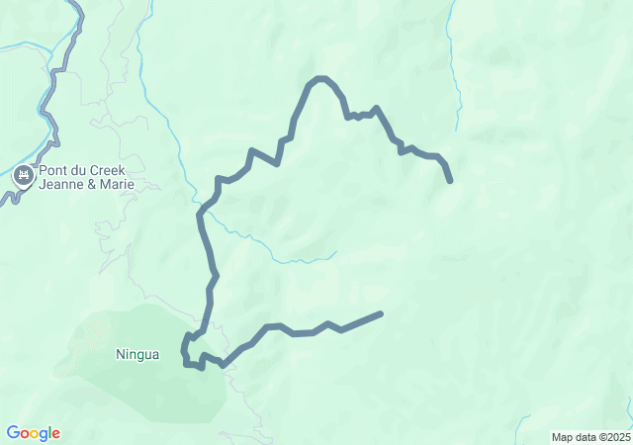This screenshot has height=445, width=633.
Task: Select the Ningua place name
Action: pyautogui.click(x=136, y=354)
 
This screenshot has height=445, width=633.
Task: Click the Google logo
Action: pyautogui.click(x=33, y=433)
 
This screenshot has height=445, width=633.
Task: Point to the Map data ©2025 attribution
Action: pyautogui.click(x=589, y=437)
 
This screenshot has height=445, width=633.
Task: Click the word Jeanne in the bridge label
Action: pyautogui.click(x=60, y=184)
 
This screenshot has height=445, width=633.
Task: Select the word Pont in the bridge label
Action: pyautogui.click(x=54, y=169)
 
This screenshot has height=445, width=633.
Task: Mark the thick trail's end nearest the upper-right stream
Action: pyautogui.click(x=450, y=181)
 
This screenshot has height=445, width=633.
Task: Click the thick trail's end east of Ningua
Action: pyautogui.click(x=380, y=313)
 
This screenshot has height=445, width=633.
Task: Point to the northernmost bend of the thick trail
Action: pyautogui.click(x=319, y=78)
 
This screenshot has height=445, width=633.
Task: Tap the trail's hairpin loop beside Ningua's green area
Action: pyautogui.click(x=185, y=351)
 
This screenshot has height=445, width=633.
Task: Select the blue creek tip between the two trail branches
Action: pyautogui.click(x=335, y=252)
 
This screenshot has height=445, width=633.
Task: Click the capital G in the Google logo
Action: pyautogui.click(x=13, y=433)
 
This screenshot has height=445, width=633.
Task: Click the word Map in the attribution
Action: pyautogui.click(x=561, y=437)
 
